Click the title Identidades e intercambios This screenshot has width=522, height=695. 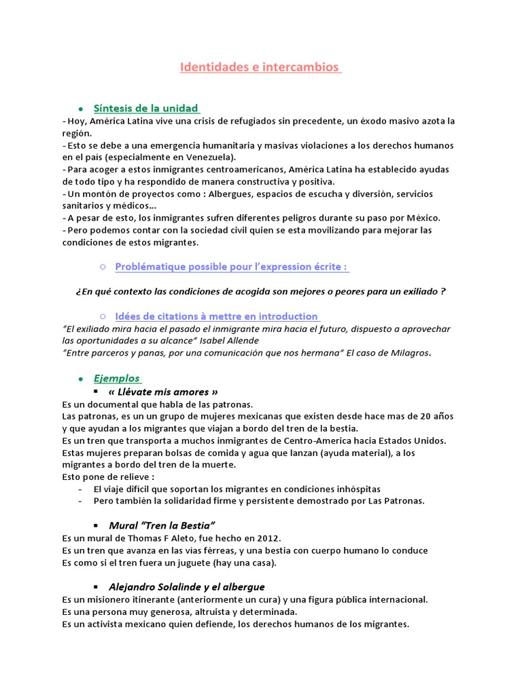[260, 68]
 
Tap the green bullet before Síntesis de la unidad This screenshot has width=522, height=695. [80, 109]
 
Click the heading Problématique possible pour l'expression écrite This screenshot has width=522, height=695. [232, 267]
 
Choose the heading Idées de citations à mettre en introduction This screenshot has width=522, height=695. [217, 316]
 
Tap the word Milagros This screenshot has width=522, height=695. [408, 353]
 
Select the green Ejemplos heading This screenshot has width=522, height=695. [117, 378]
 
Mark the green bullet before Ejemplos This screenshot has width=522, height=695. [80, 379]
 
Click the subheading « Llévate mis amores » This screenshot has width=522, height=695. [163, 392]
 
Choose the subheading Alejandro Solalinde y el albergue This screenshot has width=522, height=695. [187, 586]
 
